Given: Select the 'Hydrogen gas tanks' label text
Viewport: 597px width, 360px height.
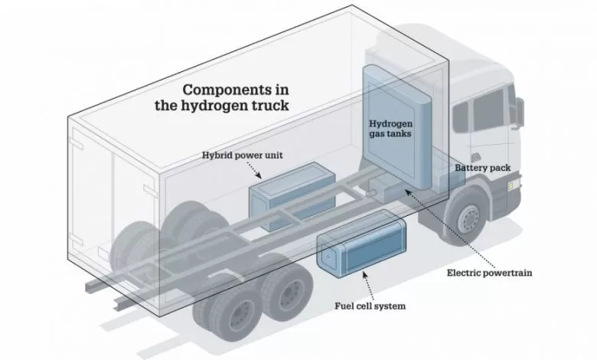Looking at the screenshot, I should (392, 129).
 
